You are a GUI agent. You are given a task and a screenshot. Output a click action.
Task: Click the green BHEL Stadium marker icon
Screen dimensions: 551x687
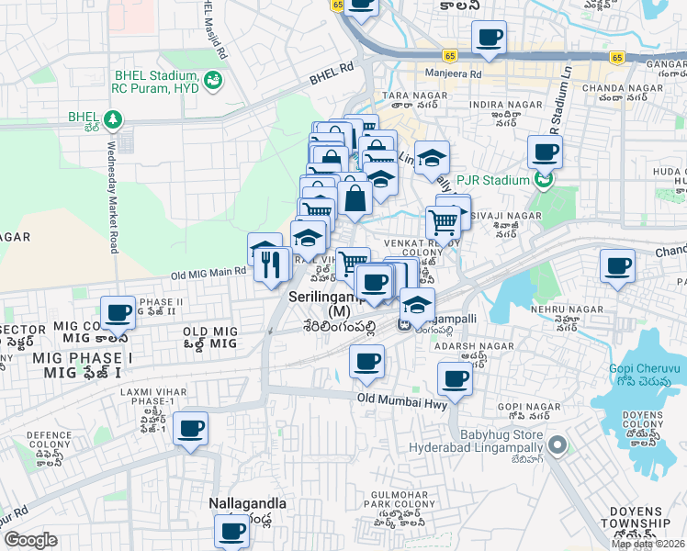coord(213,81)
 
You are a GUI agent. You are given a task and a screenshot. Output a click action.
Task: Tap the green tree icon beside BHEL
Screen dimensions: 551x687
coord(112,118)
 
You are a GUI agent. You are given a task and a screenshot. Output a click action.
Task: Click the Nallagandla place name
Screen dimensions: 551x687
coord(247,504)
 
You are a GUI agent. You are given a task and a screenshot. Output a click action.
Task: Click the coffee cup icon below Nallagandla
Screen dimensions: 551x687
coord(232,530)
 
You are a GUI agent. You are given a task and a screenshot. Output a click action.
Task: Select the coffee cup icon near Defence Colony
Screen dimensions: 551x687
coord(190,428)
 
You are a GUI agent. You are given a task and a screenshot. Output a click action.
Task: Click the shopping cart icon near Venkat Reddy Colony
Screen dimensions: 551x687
coord(444,221)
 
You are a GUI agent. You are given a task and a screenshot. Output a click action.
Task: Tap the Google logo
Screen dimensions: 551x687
coord(30,540)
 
